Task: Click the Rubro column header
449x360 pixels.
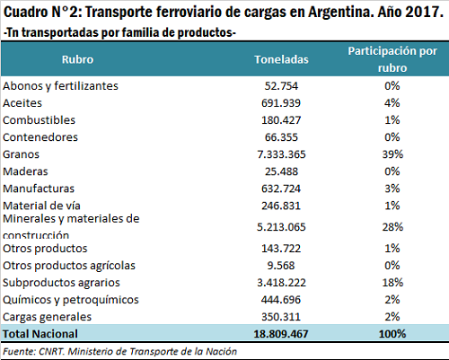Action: tap(77, 59)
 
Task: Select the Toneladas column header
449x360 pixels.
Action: tap(281, 59)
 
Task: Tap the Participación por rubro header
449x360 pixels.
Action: tap(392, 59)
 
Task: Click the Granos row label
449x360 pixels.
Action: tap(21, 154)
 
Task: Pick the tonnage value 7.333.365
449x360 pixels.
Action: tap(281, 154)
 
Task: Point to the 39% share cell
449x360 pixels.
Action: tap(392, 154)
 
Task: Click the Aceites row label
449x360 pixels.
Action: tap(22, 103)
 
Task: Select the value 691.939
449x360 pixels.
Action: tap(281, 103)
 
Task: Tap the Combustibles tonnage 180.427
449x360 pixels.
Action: tap(281, 120)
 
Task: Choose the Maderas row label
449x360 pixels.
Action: tap(25, 171)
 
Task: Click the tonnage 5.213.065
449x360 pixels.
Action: tap(281, 227)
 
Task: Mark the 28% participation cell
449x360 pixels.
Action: tap(392, 227)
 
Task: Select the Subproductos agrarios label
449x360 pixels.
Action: tap(61, 283)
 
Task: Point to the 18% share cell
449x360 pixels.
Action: tap(392, 283)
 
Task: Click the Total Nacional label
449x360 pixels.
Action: tap(40, 334)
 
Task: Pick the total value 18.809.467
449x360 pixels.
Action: tap(281, 334)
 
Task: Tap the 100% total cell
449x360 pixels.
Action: tap(392, 334)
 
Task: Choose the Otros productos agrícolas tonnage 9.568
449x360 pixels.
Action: tap(281, 266)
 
